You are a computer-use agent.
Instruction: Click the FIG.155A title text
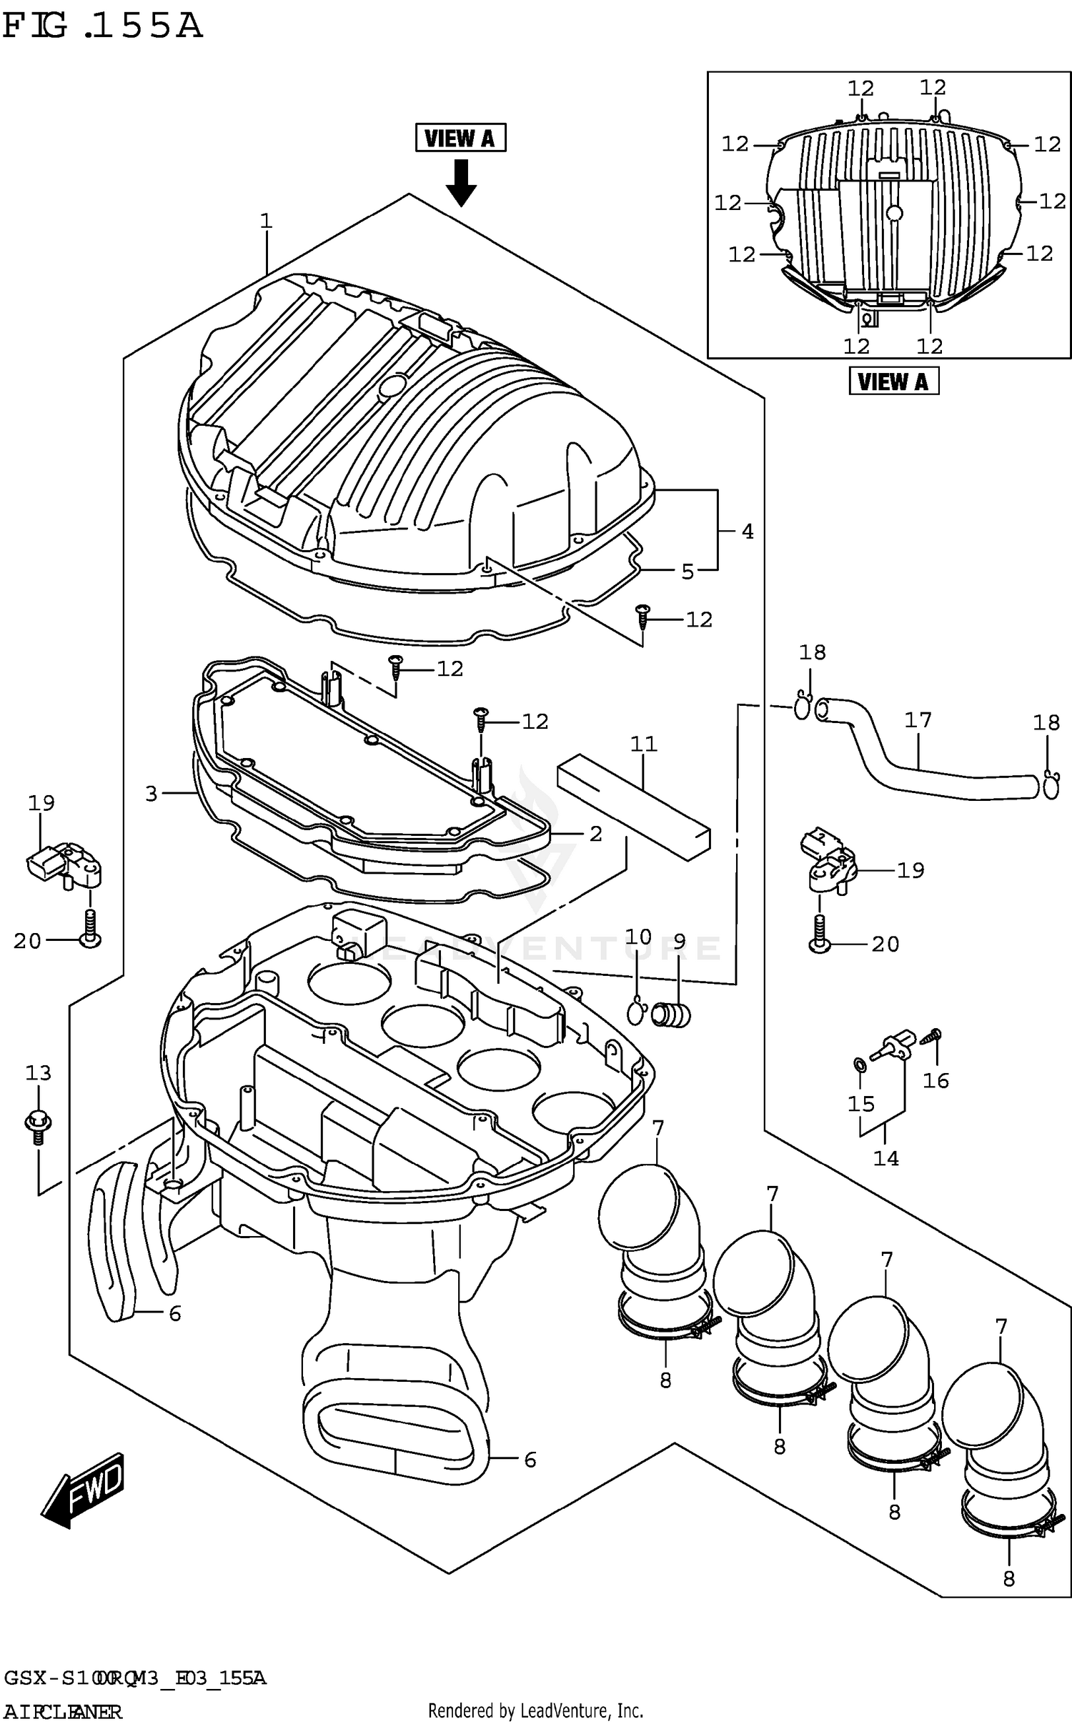click(102, 26)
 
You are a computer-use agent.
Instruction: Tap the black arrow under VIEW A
click(461, 183)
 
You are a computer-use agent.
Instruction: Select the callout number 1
click(266, 221)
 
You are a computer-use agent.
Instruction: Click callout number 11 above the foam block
click(643, 744)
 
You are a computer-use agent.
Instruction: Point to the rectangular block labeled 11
click(633, 807)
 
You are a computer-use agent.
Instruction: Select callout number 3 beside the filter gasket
click(151, 794)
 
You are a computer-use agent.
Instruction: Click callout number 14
click(885, 1158)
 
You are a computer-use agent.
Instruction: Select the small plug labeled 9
click(671, 1015)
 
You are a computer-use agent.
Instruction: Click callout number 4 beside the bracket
click(747, 532)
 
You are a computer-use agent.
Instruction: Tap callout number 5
click(687, 572)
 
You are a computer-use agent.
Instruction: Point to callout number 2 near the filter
click(595, 834)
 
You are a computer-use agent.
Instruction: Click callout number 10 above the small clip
click(637, 937)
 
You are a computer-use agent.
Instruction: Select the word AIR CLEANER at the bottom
click(63, 1711)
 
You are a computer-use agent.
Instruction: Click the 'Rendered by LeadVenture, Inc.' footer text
click(535, 1710)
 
